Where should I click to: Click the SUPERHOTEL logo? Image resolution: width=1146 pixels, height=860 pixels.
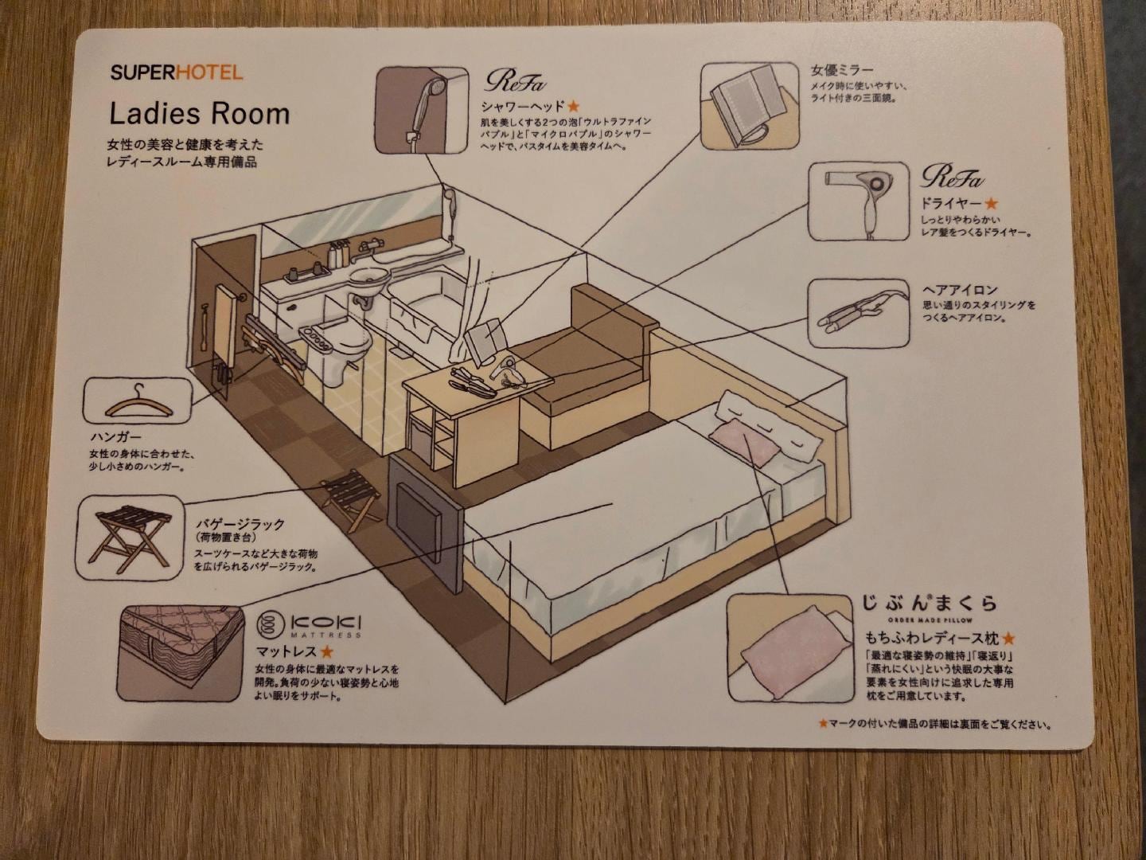[176, 72]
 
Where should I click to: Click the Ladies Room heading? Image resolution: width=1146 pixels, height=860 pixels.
[199, 114]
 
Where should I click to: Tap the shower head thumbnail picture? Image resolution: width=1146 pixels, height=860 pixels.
[421, 110]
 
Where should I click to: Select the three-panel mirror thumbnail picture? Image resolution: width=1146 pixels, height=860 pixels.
[749, 106]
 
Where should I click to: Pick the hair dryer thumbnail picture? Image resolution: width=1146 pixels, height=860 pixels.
[859, 201]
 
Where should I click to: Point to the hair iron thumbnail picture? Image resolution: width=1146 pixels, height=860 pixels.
[858, 313]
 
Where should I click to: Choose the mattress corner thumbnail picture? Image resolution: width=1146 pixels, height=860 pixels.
[181, 654]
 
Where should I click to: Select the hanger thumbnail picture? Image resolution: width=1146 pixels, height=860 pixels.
[138, 401]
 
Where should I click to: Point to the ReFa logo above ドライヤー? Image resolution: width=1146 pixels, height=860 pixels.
[952, 176]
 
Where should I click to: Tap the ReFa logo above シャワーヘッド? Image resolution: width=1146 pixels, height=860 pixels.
[516, 80]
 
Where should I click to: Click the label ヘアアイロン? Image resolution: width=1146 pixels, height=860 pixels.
[959, 290]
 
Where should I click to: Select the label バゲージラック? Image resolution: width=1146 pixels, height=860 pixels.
[240, 524]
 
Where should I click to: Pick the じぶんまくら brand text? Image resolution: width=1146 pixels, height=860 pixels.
[929, 604]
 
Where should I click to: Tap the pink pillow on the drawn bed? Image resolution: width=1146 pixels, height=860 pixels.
[744, 443]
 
